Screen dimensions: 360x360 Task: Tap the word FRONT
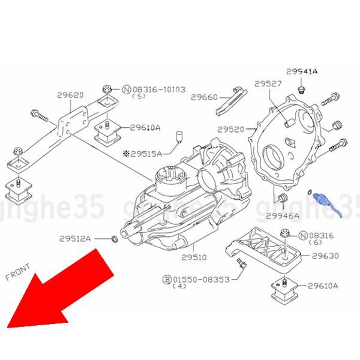click(17, 272)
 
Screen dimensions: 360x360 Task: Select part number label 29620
click(70, 95)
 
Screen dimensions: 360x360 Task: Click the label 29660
click(204, 97)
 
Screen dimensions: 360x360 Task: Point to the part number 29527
click(268, 84)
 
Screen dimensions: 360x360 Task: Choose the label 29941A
click(302, 71)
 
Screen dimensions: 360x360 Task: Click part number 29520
click(231, 130)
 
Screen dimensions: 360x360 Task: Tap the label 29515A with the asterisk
click(143, 154)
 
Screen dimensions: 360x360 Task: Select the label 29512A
click(75, 239)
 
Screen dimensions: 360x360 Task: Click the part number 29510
click(194, 257)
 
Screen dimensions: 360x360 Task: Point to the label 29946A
click(283, 216)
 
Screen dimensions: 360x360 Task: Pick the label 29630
click(325, 256)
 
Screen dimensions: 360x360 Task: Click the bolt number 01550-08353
click(201, 280)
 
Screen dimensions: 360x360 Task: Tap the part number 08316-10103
click(159, 89)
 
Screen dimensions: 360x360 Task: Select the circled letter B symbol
click(167, 280)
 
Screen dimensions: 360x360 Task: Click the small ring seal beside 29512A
click(115, 239)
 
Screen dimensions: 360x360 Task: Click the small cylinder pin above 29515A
click(179, 137)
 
